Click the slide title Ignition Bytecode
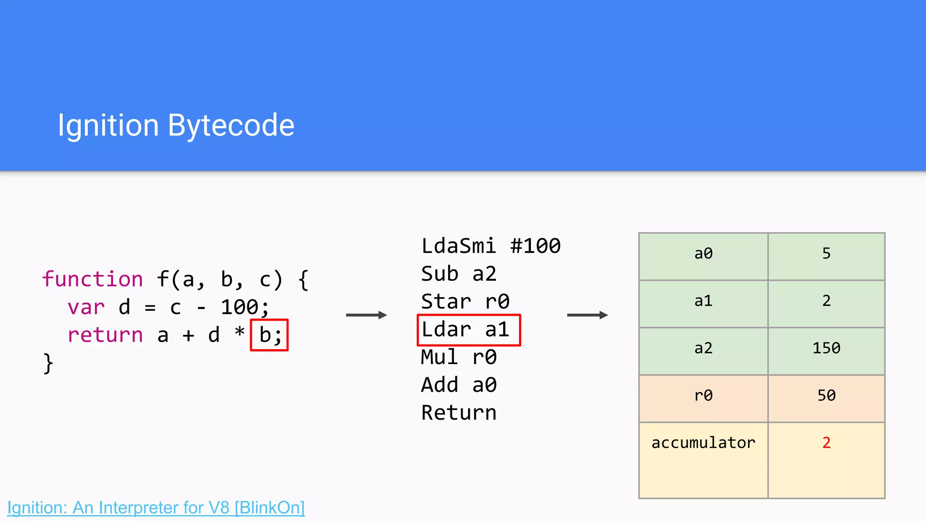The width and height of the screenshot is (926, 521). [176, 125]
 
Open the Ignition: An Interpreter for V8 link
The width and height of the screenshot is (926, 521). [156, 508]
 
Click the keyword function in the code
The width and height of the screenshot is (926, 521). [93, 279]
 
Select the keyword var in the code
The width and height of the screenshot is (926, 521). [86, 308]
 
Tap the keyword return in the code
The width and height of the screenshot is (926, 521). [105, 335]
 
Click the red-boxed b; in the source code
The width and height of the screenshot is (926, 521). [269, 335]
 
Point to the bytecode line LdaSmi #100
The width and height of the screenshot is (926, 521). [491, 246]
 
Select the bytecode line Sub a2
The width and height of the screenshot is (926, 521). [458, 274]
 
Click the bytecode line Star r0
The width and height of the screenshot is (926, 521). [465, 302]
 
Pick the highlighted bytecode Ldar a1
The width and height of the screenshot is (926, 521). [468, 330]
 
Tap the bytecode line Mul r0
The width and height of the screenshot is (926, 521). [458, 357]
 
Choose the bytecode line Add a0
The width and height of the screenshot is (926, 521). [458, 385]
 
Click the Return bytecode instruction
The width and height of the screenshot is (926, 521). [458, 413]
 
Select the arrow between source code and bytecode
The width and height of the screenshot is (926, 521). [366, 315]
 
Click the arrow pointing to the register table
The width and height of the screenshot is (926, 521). [587, 315]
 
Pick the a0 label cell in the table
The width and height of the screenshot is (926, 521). [703, 254]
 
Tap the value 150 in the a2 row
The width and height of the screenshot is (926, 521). [826, 348]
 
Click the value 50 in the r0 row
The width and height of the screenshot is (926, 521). [826, 396]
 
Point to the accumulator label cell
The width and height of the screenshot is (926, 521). [703, 443]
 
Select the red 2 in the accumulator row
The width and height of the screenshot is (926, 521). [826, 443]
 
